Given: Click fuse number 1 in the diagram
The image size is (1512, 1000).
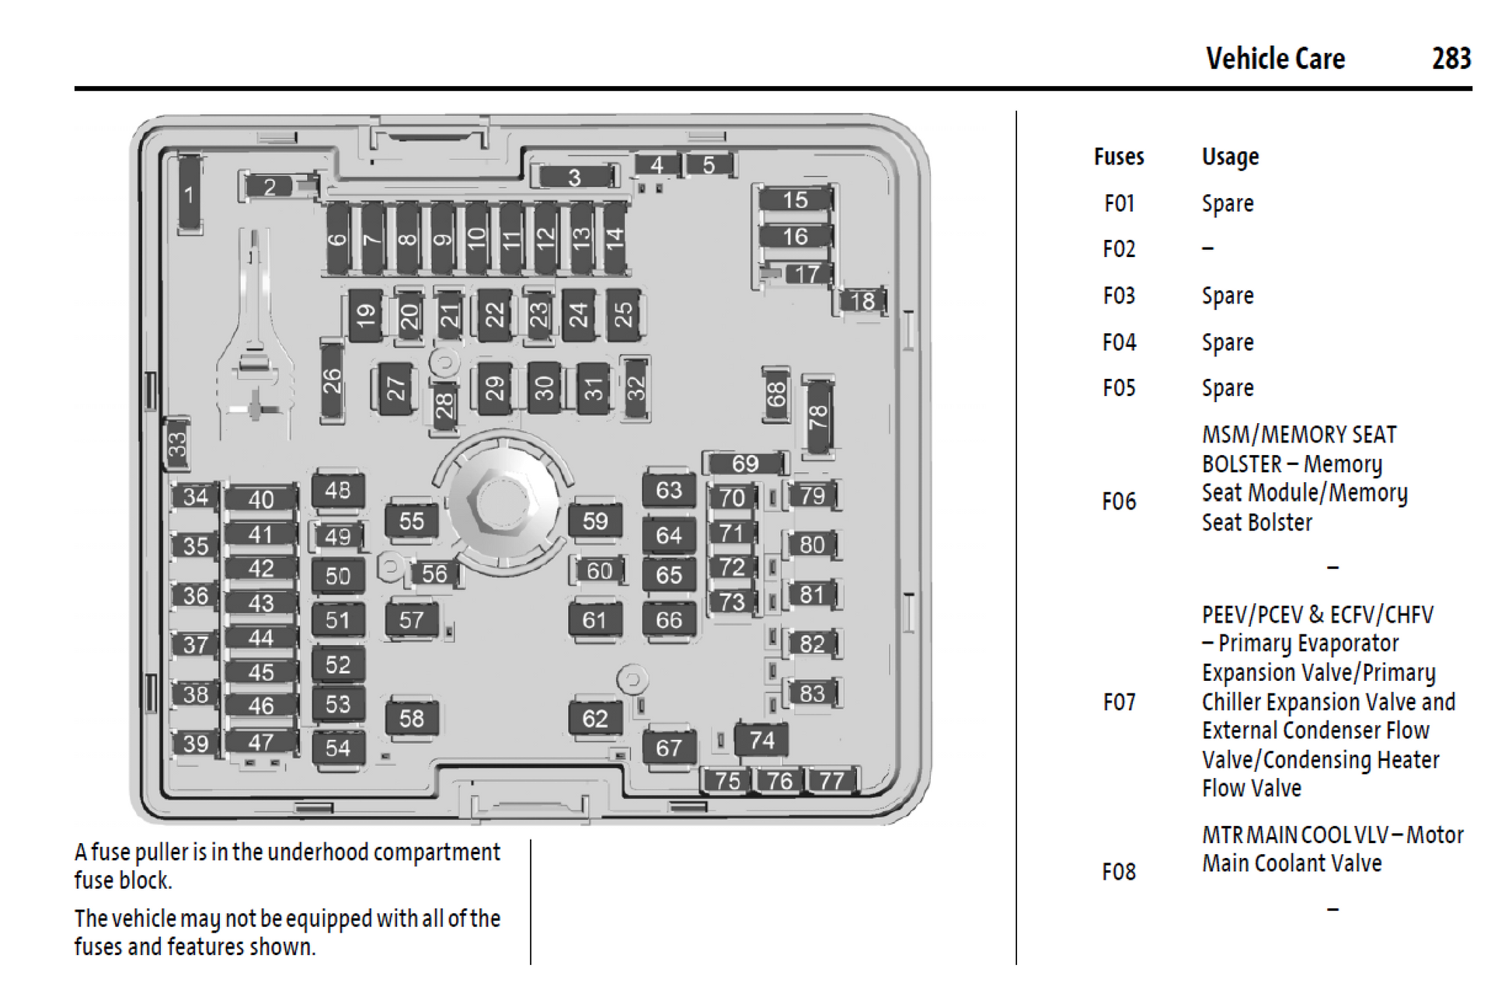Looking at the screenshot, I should pos(189,193).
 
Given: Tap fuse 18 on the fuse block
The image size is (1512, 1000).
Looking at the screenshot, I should pos(862,300).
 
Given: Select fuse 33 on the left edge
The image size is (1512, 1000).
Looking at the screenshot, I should pos(178,444).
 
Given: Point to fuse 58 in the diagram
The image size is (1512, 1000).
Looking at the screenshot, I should pos(412,718).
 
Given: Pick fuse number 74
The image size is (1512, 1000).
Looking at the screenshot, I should pos(761,740).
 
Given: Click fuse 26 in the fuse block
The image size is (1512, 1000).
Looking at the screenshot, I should pos(332,381).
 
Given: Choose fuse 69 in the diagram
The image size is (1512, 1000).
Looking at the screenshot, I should pos(745,464).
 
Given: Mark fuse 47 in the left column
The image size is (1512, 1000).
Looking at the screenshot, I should pos(261,742).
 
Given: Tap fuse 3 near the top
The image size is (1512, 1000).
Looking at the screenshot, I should pos(575,177).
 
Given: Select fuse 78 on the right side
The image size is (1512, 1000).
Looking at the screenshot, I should pos(817,417).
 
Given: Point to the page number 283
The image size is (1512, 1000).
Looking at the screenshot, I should pos(1451,58).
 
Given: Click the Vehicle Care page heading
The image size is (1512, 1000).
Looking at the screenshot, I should pos(1275,58).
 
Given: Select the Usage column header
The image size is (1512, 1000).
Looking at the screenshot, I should pos(1230,157).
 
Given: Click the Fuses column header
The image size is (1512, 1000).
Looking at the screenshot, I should pos(1119,157).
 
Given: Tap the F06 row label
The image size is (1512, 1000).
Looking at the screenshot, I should pos(1119,502).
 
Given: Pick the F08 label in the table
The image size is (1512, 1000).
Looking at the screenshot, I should pos(1119,872).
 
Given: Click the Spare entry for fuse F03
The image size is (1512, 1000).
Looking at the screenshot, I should pos(1228,296).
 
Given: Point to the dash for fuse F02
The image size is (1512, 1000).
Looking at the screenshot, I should pos(1207,249).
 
